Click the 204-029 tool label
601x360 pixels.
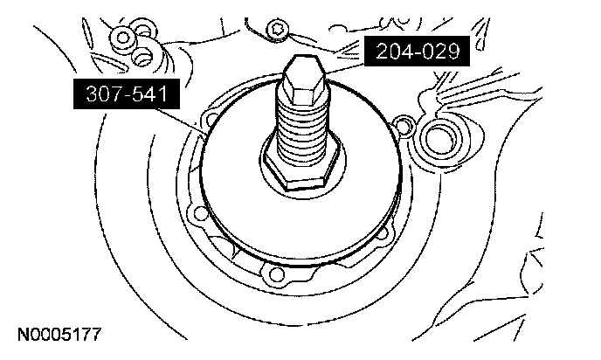(x=417, y=52)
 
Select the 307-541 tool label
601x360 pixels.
(x=127, y=93)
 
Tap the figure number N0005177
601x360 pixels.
(x=59, y=335)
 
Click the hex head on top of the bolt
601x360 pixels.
(x=304, y=80)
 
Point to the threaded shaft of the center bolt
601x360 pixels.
(x=302, y=130)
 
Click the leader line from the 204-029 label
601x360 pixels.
(x=344, y=69)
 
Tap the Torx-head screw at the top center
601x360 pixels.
(x=277, y=28)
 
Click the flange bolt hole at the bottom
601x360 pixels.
(x=275, y=273)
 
